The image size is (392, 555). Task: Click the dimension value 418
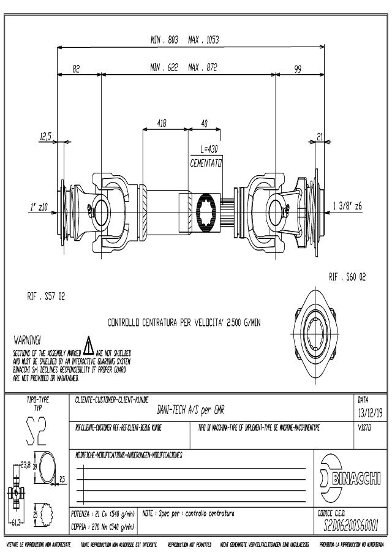pos(162,123)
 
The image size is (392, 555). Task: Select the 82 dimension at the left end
pos(77,70)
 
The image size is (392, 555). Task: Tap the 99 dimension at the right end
pos(298,70)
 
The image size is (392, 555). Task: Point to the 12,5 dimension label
pos(45,136)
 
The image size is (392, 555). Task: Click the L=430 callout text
pos(209,149)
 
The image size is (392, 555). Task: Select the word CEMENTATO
pos(206,164)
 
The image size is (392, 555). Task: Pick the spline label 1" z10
pos(39,206)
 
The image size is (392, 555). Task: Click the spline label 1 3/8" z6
pos(347,206)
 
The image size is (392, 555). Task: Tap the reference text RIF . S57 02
pos(45,297)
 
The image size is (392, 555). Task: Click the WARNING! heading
pos(26,339)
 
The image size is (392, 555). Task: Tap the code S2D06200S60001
pos(350,524)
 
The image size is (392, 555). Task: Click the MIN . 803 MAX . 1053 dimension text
pos(184,40)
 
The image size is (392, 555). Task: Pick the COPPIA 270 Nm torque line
pos(102,526)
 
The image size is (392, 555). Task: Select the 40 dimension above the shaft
pos(205,123)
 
